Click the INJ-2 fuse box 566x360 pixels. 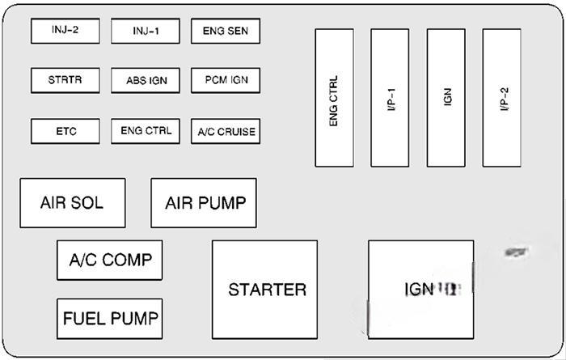[65, 32]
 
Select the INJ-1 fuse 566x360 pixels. [146, 32]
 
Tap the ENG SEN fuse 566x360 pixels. [226, 32]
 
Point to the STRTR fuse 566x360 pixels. [65, 81]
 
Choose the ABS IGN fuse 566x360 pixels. [146, 81]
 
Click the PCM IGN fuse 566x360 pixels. [226, 81]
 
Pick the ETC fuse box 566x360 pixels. [65, 131]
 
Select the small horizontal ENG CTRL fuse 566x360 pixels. [146, 131]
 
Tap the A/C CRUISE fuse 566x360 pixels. [226, 131]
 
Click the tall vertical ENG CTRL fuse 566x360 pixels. [334, 98]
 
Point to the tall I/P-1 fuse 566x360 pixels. [390, 98]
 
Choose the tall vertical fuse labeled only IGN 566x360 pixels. [446, 98]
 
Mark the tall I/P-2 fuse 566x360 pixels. [501, 98]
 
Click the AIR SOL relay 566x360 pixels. [73, 203]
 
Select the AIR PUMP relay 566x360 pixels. [204, 203]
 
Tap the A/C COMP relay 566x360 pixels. [110, 260]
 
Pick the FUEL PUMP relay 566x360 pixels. [110, 318]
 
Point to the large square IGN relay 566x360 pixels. [421, 290]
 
